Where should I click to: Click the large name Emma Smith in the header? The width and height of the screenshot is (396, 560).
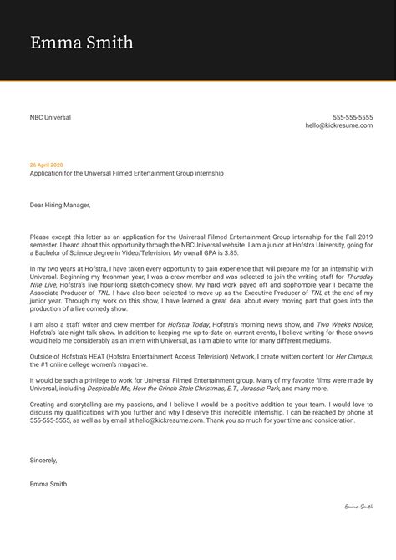(81, 43)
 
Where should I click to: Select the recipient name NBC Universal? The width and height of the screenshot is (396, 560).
(50, 117)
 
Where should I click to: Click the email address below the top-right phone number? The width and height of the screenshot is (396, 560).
(339, 125)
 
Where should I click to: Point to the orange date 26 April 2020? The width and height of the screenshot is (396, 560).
(46, 165)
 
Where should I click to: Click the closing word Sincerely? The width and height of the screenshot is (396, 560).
(45, 460)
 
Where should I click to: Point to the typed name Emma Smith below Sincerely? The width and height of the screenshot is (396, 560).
(50, 483)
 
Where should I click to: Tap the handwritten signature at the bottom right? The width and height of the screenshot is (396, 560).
(358, 507)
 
